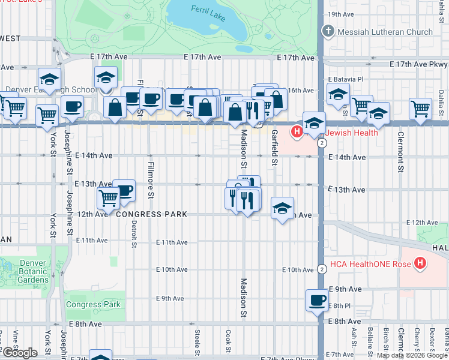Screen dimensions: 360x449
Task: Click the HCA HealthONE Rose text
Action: tap(372, 263)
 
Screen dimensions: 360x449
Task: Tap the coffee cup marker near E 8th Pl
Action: tap(317, 301)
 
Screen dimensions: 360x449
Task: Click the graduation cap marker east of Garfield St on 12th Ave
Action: tap(282, 208)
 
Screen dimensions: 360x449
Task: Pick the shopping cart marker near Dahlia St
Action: tap(420, 109)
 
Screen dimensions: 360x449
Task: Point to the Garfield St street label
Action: tap(274, 148)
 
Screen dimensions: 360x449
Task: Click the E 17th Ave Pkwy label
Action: tap(418, 64)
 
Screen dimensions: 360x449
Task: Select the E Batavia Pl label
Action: tap(345, 79)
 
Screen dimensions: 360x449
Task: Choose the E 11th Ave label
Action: tap(172, 242)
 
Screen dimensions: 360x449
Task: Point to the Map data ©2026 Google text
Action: tap(411, 355)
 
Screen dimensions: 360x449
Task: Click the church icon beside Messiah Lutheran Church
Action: tap(328, 32)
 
